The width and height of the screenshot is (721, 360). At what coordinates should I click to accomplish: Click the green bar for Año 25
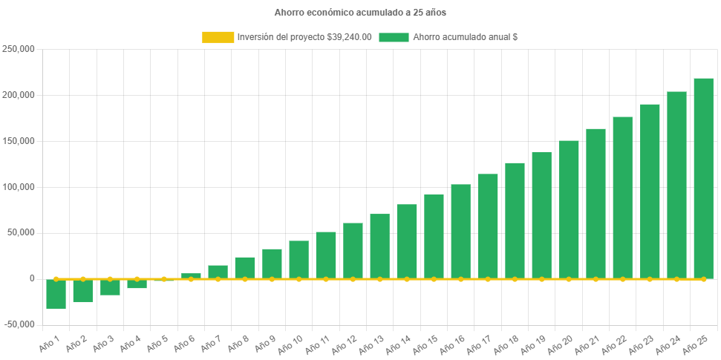click(x=703, y=178)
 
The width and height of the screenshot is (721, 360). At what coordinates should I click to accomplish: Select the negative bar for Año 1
click(x=56, y=294)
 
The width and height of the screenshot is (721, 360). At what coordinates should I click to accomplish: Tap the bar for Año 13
click(x=379, y=246)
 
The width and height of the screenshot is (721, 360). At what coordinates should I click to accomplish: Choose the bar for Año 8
click(x=245, y=267)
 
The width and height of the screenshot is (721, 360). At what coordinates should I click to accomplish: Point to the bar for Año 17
click(x=488, y=226)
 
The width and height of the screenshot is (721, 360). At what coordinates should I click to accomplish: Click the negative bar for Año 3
click(x=110, y=287)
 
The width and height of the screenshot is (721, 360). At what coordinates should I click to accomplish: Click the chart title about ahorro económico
click(x=360, y=13)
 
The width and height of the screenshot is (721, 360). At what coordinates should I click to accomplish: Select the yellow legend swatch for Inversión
click(x=218, y=37)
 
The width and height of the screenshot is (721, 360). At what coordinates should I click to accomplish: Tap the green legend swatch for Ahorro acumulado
click(x=394, y=37)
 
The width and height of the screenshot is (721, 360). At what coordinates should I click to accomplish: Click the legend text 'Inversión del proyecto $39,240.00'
click(x=304, y=37)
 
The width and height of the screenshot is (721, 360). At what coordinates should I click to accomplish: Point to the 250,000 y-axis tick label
click(x=20, y=49)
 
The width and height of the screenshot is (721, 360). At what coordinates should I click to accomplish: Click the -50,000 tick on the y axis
click(x=20, y=324)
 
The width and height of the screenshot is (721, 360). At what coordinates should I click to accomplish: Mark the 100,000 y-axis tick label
click(x=20, y=187)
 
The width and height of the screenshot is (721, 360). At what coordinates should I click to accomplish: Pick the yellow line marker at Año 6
click(x=191, y=279)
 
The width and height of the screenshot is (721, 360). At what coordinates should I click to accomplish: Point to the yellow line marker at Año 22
click(x=622, y=279)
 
